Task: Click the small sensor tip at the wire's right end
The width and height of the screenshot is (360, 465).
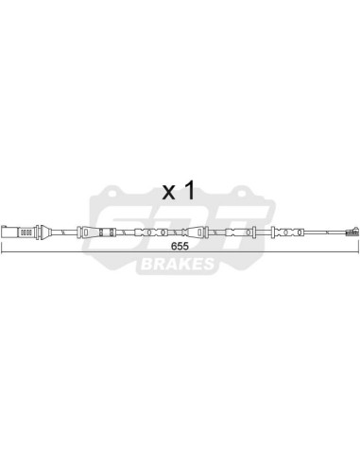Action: (x=350, y=232)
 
